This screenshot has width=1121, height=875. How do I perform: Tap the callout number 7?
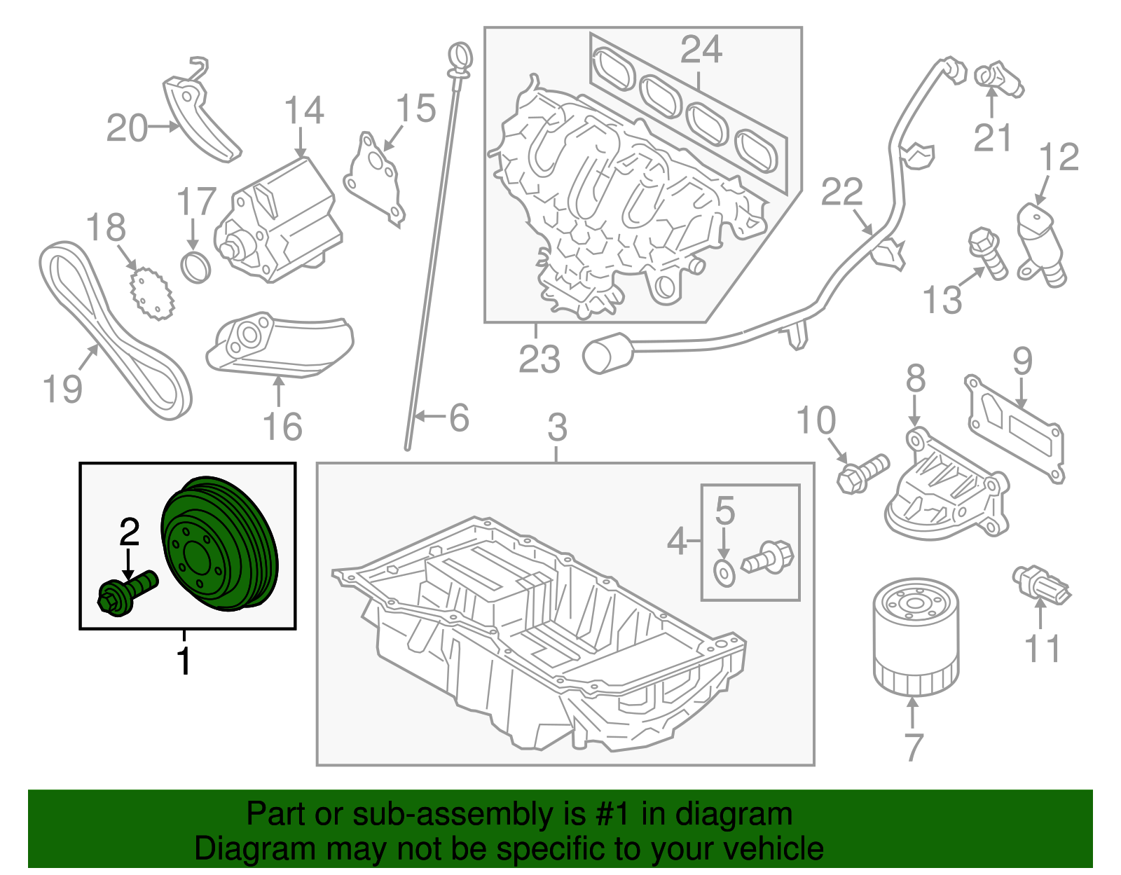tap(913, 747)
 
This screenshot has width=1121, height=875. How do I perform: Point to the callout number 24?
tap(701, 50)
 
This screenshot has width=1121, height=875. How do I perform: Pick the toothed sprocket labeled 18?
tap(151, 294)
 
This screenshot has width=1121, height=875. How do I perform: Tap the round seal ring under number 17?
tap(196, 268)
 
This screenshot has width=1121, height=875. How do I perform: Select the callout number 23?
tap(539, 359)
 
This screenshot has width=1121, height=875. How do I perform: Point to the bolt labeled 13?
tap(987, 253)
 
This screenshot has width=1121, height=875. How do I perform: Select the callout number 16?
tap(282, 427)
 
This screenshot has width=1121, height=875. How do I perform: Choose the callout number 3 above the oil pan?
tap(557, 427)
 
